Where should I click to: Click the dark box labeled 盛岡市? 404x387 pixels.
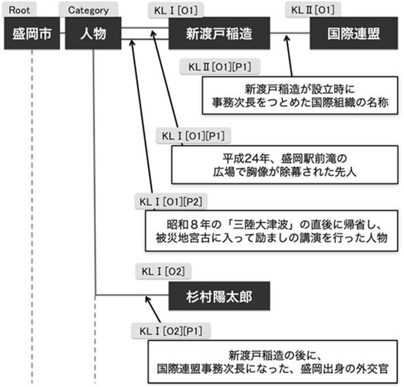(32, 33)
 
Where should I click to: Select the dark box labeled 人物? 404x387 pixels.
(93, 33)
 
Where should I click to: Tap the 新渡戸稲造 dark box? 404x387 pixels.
(219, 33)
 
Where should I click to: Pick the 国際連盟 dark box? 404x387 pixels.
(353, 33)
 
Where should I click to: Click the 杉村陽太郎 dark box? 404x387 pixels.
(219, 296)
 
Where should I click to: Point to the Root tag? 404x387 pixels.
(19, 10)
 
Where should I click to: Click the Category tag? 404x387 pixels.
(89, 10)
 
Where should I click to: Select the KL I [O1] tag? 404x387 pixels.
(176, 10)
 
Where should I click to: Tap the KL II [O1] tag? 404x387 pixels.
(313, 10)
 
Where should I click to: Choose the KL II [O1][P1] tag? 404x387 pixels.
(220, 67)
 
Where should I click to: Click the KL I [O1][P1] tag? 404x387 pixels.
(194, 136)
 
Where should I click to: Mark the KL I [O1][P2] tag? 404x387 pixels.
(171, 202)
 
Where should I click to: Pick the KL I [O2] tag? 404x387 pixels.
(164, 271)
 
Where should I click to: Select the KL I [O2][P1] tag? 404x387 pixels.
(171, 331)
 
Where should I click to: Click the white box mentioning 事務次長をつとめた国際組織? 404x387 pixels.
(300, 95)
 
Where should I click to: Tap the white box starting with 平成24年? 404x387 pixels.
(284, 165)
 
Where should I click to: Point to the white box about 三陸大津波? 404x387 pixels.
(271, 231)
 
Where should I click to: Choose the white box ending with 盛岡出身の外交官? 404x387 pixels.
(273, 362)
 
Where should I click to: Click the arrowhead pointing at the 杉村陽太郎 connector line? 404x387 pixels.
(147, 299)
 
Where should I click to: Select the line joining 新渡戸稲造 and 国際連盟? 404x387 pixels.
(290, 33)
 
